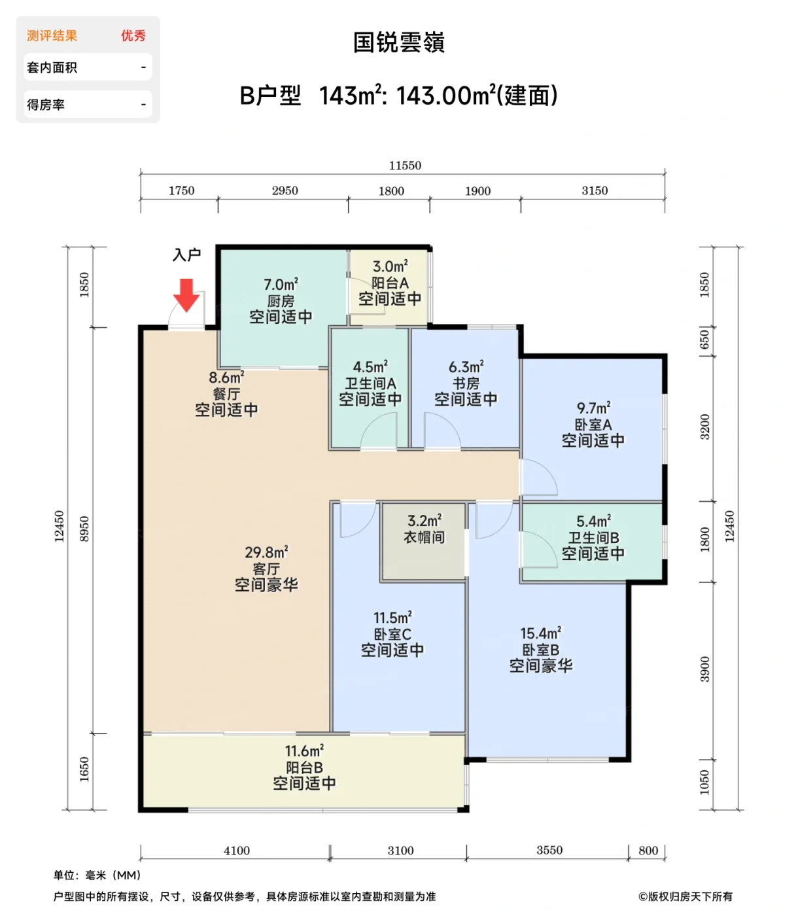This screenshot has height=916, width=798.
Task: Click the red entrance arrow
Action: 186,295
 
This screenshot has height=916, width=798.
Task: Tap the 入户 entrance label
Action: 186,255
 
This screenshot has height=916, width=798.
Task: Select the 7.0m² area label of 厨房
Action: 281,285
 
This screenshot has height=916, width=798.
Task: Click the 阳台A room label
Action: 390,283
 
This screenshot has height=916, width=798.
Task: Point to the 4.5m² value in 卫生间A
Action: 370,367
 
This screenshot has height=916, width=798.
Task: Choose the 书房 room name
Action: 466,383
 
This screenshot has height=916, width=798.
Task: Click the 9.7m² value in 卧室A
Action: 593,408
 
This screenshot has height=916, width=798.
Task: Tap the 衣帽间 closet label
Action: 424,537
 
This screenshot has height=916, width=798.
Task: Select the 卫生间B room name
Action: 593,538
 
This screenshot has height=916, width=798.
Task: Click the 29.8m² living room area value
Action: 266,553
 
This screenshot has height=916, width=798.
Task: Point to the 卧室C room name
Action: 392,634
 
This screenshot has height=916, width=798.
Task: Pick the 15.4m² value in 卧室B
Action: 540,633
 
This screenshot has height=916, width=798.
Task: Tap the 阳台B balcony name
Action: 304,767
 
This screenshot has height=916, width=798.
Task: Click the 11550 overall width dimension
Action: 405,166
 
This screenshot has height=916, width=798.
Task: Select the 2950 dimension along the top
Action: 285,190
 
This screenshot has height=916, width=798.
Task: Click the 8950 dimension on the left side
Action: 84,529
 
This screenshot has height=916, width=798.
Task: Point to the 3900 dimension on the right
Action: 704,669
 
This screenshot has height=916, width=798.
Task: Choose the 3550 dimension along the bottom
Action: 549,850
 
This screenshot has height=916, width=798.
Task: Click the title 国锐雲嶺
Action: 399,43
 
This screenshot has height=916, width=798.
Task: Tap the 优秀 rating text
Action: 133,36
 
